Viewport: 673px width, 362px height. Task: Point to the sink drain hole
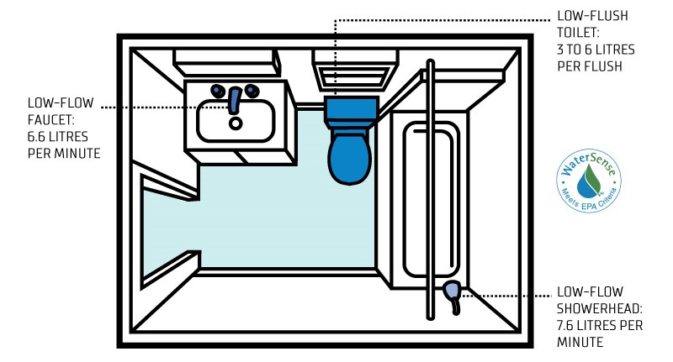236,123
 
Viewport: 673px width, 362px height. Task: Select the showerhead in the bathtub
453,291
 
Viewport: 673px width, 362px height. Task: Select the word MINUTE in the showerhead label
580,342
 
